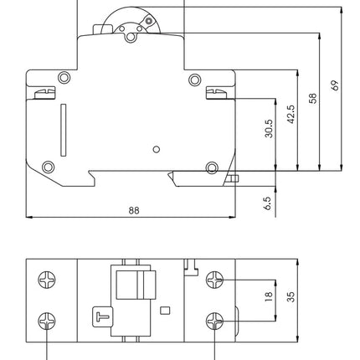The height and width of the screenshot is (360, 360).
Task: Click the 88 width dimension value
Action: [x=134, y=210]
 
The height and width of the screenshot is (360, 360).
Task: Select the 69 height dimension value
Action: [x=335, y=85]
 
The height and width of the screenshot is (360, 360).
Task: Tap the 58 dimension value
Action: [x=313, y=99]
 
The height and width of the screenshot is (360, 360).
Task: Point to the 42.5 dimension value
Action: [x=291, y=114]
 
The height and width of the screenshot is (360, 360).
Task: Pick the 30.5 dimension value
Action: [x=269, y=129]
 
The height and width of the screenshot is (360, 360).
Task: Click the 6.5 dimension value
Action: [x=267, y=203]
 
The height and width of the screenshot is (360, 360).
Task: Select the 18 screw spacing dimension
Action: [x=268, y=296]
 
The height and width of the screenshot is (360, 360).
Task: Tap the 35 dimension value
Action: [x=291, y=296]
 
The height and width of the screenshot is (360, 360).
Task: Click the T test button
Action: [x=103, y=316]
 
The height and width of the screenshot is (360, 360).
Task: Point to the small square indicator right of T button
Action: [x=165, y=311]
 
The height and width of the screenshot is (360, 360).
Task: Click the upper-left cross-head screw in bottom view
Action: [x=47, y=280]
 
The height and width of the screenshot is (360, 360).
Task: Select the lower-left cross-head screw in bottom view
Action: [x=47, y=321]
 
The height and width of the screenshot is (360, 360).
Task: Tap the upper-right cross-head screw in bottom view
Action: [x=214, y=280]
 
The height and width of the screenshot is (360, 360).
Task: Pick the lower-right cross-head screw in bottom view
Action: [x=214, y=321]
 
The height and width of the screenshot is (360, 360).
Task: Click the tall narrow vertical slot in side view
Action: [x=64, y=130]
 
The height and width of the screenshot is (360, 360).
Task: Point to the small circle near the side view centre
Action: [x=157, y=149]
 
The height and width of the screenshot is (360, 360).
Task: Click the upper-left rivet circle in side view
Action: [x=64, y=78]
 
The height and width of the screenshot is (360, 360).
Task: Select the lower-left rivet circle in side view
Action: [x=48, y=167]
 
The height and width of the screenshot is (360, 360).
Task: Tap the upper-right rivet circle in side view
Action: [x=194, y=80]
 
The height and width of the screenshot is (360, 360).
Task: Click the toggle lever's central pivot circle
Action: [x=130, y=37]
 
